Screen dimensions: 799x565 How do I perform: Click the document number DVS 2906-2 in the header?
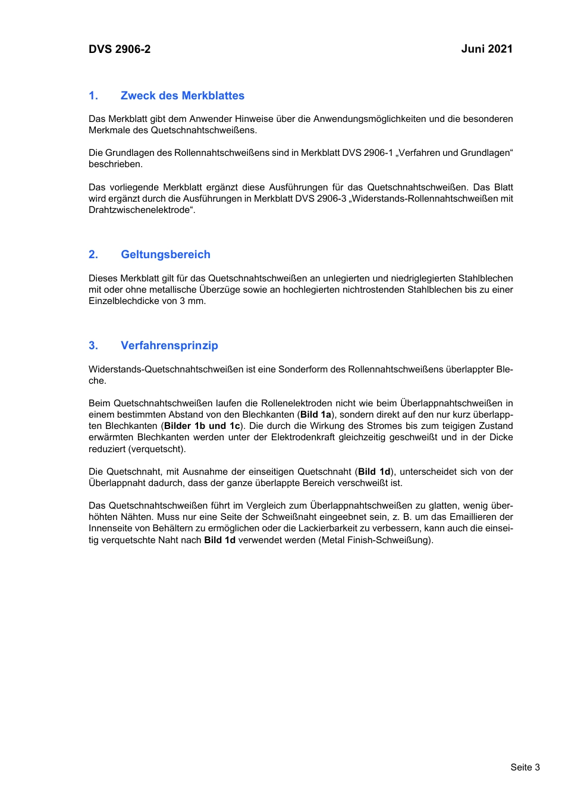[120, 49]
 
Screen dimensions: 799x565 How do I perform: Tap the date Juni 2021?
[486, 49]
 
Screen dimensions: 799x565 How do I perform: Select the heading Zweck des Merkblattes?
[182, 96]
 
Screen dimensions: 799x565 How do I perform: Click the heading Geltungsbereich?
[165, 255]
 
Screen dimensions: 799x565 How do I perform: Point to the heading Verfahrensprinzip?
[169, 346]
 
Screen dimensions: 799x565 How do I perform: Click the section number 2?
[93, 255]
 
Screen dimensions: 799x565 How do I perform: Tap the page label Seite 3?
[525, 767]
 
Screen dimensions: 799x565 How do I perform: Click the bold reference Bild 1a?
[316, 415]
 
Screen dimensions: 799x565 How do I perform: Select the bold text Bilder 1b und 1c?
[202, 426]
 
